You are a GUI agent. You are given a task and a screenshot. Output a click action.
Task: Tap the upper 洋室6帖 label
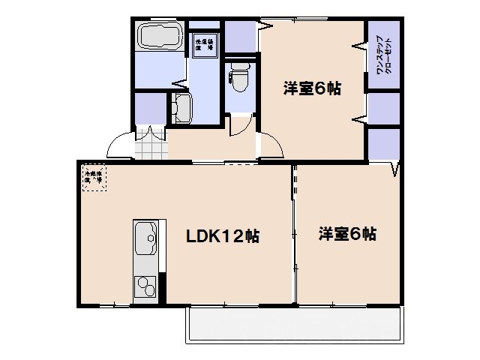[312, 88]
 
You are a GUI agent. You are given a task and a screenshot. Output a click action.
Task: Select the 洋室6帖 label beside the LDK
[346, 234]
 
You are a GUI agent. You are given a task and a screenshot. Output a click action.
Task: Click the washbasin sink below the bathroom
[180, 109]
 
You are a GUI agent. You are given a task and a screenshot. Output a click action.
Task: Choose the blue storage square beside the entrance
[150, 108]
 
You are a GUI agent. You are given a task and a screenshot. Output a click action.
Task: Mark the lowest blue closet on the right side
[382, 145]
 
